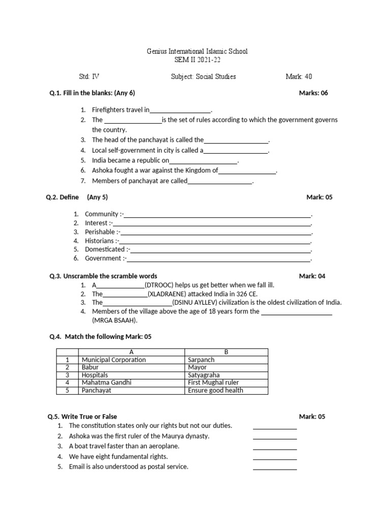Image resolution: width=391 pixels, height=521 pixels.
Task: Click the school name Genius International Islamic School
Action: tap(197, 52)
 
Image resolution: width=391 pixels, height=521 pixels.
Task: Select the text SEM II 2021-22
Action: tap(197, 61)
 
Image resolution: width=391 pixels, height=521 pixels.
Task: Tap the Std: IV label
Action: tap(90, 77)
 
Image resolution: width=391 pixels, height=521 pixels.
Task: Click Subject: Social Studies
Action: tap(204, 77)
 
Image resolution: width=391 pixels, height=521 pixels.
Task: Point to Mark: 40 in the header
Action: tap(299, 77)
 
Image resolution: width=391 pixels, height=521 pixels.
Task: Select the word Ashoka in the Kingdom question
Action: tap(102, 170)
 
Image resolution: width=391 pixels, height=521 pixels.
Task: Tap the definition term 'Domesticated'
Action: tap(105, 249)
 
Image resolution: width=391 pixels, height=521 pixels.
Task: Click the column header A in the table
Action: tap(131, 352)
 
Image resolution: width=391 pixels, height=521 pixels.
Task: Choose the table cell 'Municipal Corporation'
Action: tap(114, 360)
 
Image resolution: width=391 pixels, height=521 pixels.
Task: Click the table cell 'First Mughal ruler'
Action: tap(213, 383)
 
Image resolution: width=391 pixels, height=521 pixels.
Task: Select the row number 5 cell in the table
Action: tap(67, 390)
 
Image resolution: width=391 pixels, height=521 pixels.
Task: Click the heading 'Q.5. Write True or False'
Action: tap(83, 417)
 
